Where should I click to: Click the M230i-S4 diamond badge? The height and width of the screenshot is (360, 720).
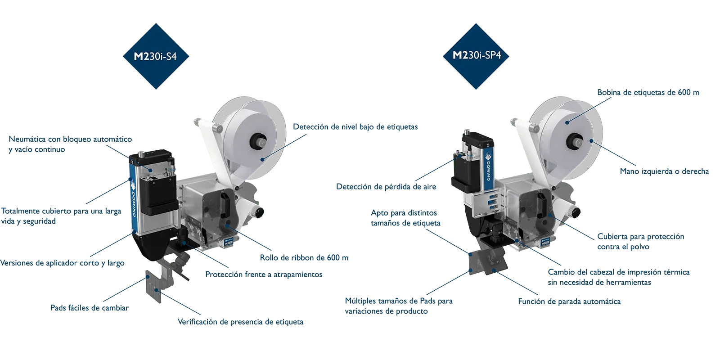(x=156, y=56)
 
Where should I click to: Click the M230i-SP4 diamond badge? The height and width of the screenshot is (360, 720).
(x=476, y=56)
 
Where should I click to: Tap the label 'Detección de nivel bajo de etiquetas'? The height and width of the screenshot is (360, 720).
(x=355, y=127)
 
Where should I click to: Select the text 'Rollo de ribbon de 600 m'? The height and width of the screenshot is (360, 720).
(x=304, y=257)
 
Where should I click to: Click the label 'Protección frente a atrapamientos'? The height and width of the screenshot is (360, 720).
(x=264, y=274)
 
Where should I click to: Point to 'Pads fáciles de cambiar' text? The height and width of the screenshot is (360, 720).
(x=90, y=308)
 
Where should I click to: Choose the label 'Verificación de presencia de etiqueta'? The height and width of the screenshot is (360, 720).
(x=240, y=322)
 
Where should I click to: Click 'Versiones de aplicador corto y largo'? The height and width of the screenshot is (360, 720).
(x=63, y=263)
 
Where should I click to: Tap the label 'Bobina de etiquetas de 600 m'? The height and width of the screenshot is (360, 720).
(x=648, y=93)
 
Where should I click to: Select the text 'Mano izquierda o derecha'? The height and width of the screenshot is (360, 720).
(x=664, y=171)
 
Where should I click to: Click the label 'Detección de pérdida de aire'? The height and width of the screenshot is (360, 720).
(x=386, y=187)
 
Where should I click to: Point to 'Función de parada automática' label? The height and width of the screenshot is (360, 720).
(x=569, y=301)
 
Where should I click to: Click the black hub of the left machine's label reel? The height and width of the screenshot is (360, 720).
(x=259, y=142)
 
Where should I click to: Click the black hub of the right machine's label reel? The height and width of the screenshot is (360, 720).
(x=576, y=141)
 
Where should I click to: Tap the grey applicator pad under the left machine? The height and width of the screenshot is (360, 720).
(x=153, y=286)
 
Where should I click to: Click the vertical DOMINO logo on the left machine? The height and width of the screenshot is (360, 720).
(x=134, y=199)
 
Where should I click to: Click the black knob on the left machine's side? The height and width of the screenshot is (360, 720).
(x=258, y=212)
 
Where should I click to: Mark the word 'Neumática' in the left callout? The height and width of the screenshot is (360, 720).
(x=27, y=139)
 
